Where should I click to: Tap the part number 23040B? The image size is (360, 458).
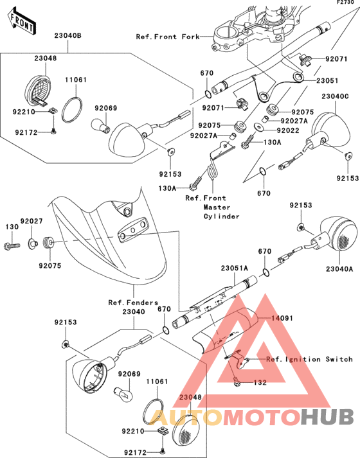tap(67, 35)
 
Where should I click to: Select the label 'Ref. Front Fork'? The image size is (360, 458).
tap(168, 37)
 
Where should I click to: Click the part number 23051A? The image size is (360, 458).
tap(235, 268)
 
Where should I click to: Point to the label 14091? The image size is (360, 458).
tap(282, 318)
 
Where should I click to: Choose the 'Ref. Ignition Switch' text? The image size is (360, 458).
tap(309, 359)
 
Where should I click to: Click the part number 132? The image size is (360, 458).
tap(260, 382)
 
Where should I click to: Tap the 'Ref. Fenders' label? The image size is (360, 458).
tap(133, 303)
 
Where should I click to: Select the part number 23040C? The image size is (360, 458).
tap(335, 96)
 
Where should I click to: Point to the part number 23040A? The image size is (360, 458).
tap(339, 269)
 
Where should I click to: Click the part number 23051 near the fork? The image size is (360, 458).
tap(327, 80)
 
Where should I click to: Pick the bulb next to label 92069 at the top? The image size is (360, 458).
tap(100, 125)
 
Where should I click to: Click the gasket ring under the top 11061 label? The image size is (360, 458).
tap(72, 110)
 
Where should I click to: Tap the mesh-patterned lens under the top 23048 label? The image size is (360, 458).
tap(39, 90)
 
